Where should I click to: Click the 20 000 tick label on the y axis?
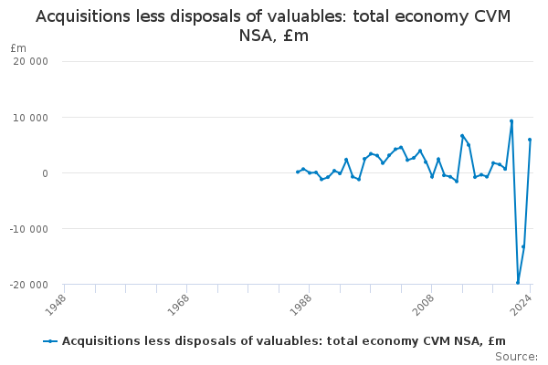click(33, 61)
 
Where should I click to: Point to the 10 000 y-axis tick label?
click(33, 118)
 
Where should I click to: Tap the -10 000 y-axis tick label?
click(31, 229)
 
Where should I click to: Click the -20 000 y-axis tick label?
click(31, 285)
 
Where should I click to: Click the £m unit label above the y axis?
click(18, 47)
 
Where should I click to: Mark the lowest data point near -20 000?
click(518, 282)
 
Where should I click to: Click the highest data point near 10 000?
click(511, 121)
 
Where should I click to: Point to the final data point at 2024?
click(530, 140)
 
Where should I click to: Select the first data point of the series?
click(297, 172)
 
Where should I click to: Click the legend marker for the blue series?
click(50, 341)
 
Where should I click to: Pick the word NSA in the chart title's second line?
click(258, 36)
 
